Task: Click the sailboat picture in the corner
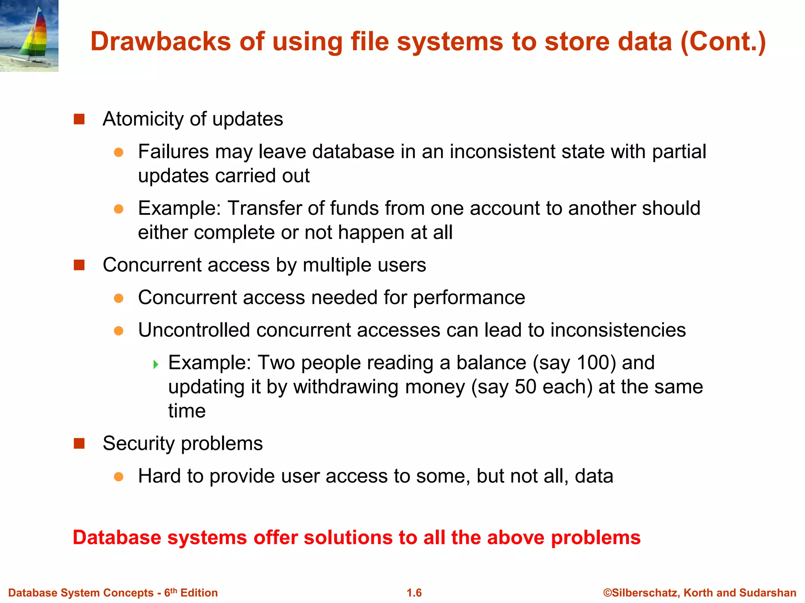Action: click(29, 36)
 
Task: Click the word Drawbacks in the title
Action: click(160, 42)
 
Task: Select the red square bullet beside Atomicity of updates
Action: click(79, 119)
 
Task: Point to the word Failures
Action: click(175, 152)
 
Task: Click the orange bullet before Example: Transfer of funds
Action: click(119, 209)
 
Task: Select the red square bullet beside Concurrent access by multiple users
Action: click(79, 265)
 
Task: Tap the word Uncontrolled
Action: click(194, 330)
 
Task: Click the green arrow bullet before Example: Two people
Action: click(156, 364)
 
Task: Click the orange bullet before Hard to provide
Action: click(119, 477)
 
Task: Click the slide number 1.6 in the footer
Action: click(414, 593)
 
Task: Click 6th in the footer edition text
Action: click(170, 592)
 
